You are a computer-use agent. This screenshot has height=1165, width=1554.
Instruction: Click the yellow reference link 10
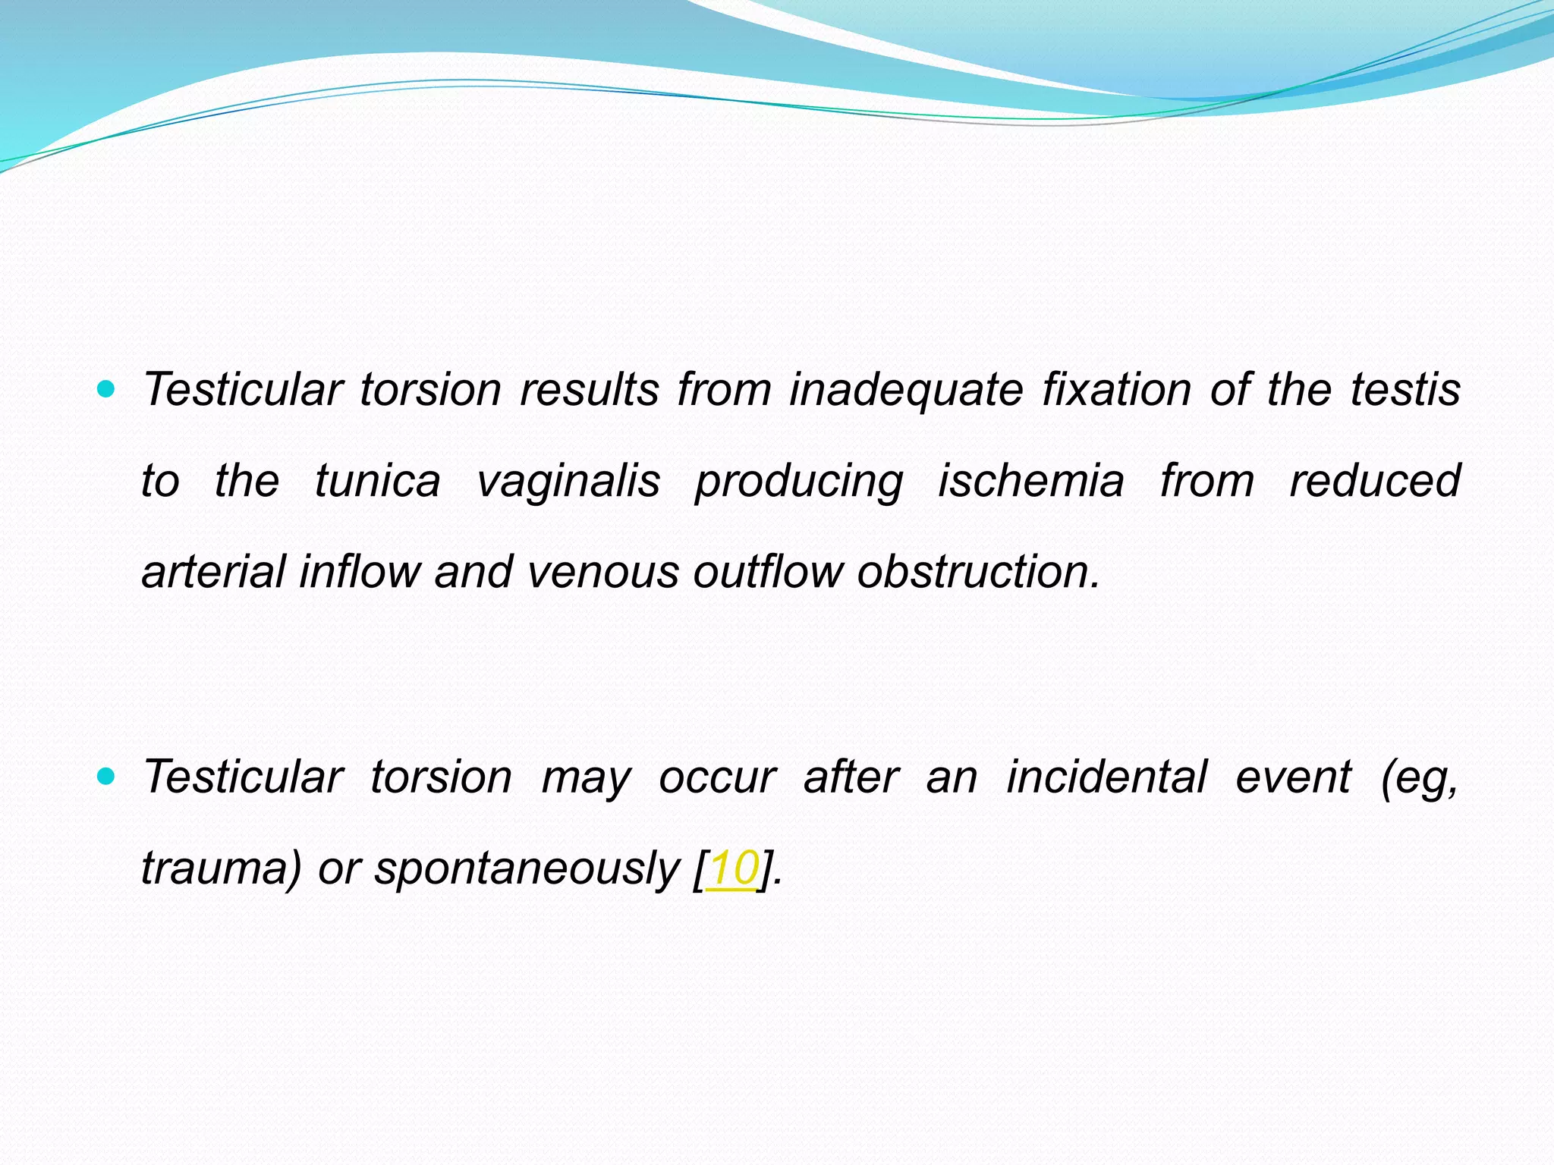click(731, 868)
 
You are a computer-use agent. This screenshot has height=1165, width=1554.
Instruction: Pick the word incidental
click(1106, 777)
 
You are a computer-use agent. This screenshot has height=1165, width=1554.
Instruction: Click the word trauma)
click(221, 868)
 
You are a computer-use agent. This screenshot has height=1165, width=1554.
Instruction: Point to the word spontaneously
click(527, 868)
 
